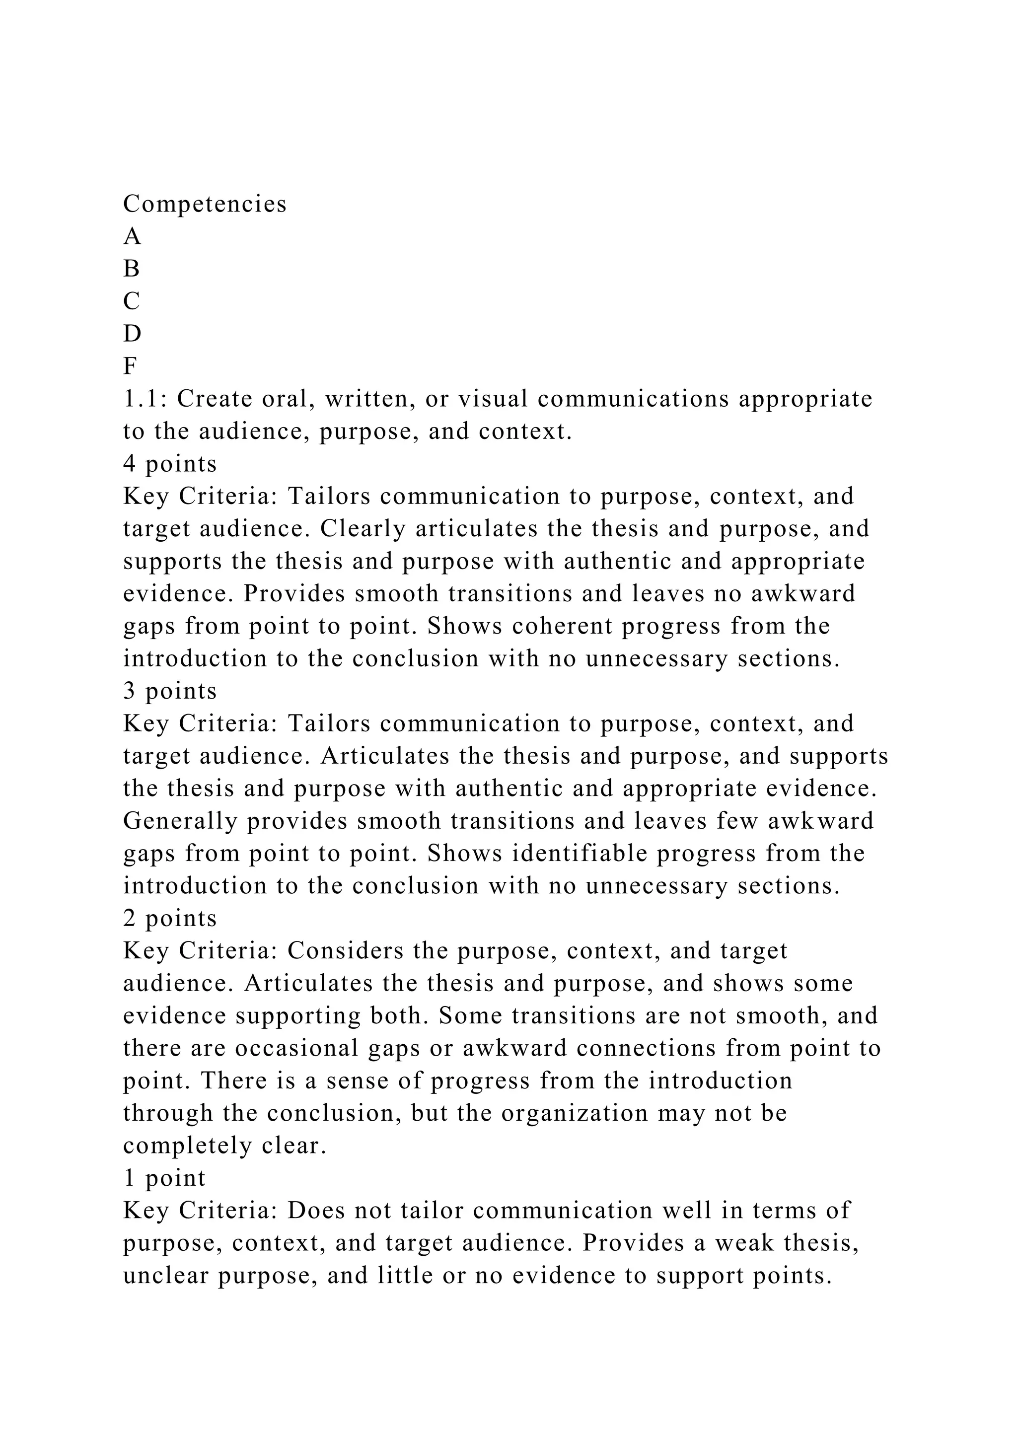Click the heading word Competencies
coord(205,204)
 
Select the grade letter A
coord(132,237)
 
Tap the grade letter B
coord(132,269)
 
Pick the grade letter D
coord(132,334)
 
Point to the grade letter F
coord(130,366)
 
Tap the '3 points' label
coord(170,691)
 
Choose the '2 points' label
coord(170,918)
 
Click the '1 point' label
coord(164,1178)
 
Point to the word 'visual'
coord(494,399)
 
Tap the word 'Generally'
coord(180,821)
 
